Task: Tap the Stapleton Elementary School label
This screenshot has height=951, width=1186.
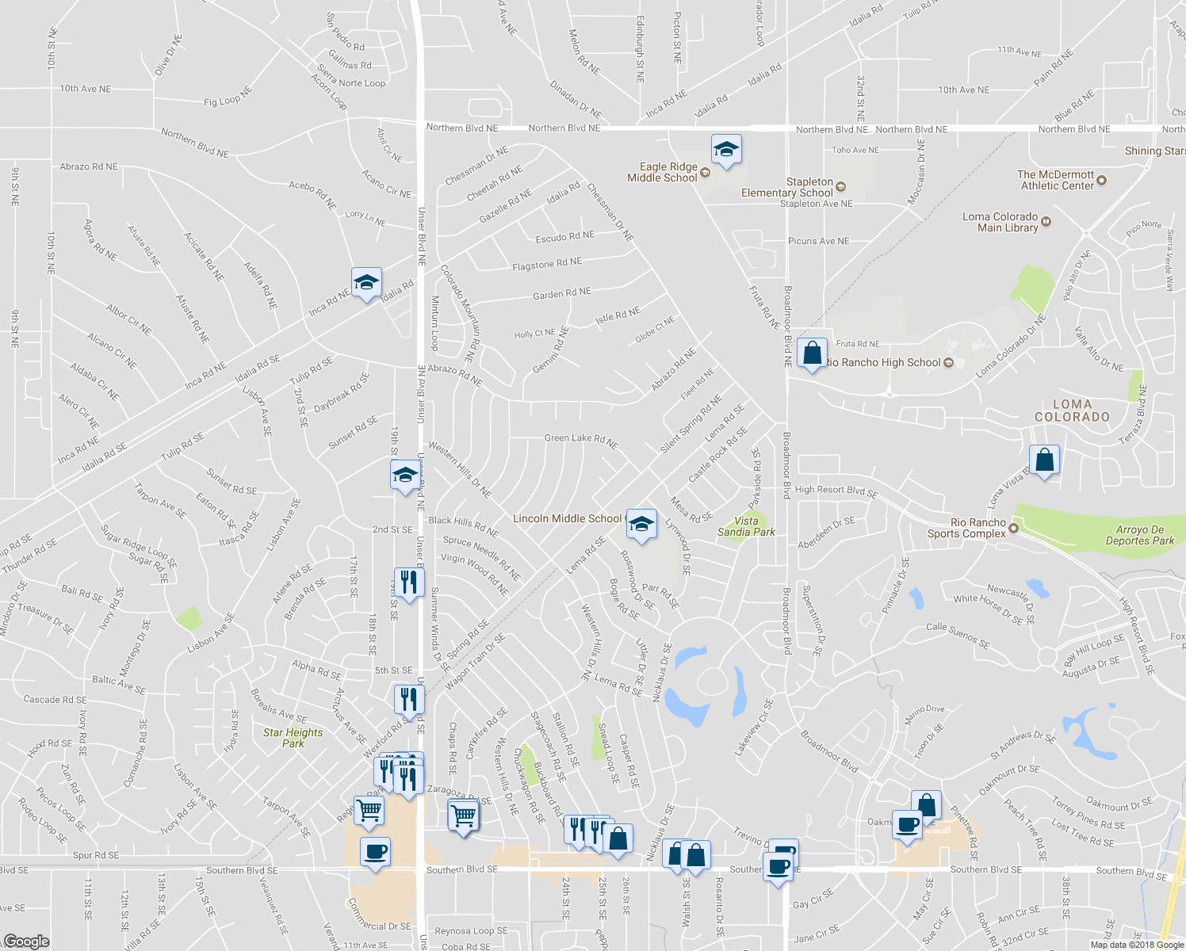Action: coord(787,188)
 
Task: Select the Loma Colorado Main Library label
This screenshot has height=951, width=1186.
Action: coord(1000,222)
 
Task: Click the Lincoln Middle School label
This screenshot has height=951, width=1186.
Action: coord(567,518)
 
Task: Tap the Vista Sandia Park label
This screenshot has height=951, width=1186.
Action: coord(746,526)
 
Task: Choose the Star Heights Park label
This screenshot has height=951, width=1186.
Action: coord(293,738)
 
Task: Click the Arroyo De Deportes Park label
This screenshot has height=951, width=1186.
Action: coord(1140,535)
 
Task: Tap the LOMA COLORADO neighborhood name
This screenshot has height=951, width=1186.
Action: coord(1072,411)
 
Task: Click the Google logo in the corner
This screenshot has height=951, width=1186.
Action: coord(26,941)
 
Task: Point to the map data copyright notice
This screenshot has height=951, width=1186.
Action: coord(1137,945)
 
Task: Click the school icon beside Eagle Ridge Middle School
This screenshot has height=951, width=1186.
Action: coord(726,150)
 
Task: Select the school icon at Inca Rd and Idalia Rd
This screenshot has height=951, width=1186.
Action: coord(366,283)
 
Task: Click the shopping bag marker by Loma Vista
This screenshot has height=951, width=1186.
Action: coord(1044,460)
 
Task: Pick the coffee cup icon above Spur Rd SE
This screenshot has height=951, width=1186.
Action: coord(375,853)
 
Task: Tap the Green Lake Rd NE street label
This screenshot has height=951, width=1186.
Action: coord(581,440)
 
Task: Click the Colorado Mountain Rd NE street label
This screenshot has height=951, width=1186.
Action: coord(461,312)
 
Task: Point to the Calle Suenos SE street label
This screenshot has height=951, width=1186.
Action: coord(958,636)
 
